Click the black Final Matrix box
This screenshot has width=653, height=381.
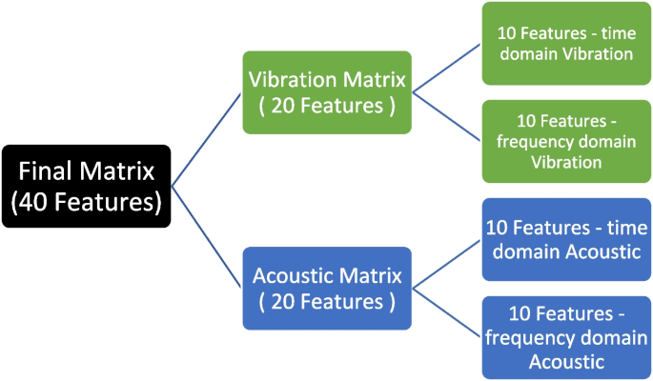(86, 186)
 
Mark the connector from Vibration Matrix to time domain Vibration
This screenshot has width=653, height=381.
(446, 70)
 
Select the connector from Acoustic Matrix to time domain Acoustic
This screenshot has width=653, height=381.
(446, 266)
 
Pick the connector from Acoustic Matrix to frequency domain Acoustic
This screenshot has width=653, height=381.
(446, 312)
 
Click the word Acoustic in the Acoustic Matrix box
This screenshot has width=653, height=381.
(298, 276)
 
